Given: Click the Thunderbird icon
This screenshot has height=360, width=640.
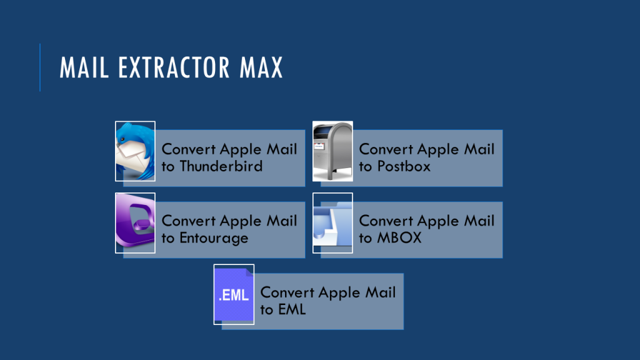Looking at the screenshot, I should click(135, 151).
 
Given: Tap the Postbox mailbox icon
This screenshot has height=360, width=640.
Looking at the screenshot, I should click(332, 151).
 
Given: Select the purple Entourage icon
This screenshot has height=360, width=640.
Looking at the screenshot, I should click(135, 223).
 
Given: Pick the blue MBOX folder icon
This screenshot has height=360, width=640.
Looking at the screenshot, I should click(332, 223).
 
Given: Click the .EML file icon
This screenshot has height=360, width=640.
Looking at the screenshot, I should click(234, 294).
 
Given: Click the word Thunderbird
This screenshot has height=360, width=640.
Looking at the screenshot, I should click(221, 166).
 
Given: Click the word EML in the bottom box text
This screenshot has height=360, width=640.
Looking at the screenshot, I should click(291, 309).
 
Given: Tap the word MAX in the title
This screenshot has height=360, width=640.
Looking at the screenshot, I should click(259, 67).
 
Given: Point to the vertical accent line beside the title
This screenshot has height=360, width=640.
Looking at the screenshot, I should click(40, 67).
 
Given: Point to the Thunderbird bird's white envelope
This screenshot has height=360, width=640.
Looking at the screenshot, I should click(131, 156).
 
